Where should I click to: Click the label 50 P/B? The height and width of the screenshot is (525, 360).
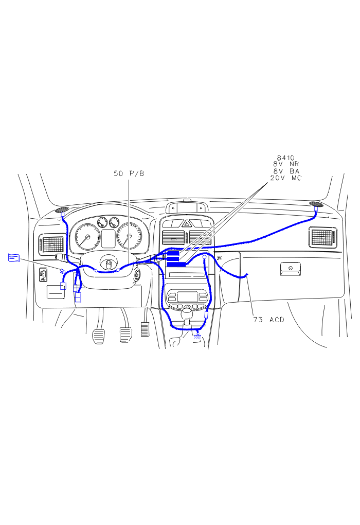[129, 173]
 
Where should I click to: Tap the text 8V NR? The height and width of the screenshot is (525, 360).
[286, 164]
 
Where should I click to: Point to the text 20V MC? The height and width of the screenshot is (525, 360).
[286, 178]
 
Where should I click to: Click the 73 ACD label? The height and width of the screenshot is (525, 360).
[268, 320]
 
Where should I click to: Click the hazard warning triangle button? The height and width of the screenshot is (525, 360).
[186, 223]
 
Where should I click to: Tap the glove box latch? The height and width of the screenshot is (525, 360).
[291, 268]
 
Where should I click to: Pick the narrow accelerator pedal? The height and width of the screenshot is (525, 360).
[145, 329]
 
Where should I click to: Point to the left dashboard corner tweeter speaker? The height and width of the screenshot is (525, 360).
[62, 209]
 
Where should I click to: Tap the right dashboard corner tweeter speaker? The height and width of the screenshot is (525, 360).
[316, 204]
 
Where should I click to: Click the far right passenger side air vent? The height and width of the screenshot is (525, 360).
[323, 237]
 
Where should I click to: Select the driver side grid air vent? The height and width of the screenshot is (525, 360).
[52, 242]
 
